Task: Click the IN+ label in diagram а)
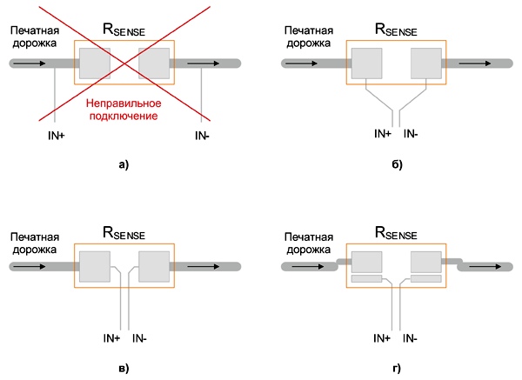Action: tap(57, 136)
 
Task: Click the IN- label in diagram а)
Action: tap(202, 136)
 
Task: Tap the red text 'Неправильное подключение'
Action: tap(124, 110)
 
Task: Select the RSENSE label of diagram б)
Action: tap(396, 30)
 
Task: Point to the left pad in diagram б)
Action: tap(366, 63)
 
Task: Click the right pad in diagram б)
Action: tap(426, 63)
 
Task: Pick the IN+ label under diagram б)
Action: tap(383, 134)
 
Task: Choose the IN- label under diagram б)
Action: tap(411, 134)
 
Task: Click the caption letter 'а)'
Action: tap(124, 164)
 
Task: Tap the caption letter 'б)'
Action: tap(397, 164)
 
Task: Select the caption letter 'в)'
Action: tap(124, 369)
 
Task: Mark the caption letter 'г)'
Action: tap(397, 369)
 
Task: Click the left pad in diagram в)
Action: tap(95, 267)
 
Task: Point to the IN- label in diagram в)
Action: tap(139, 338)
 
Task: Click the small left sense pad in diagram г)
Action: tap(366, 278)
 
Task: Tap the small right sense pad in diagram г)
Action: tap(426, 278)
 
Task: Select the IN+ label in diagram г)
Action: tap(382, 338)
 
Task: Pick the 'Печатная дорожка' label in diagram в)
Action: tap(35, 243)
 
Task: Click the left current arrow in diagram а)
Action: tap(30, 63)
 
